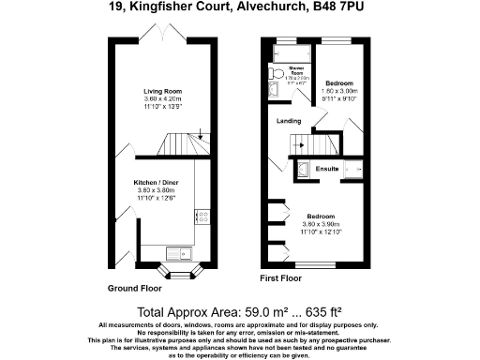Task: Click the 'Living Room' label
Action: tap(162, 91)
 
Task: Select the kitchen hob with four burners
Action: tap(202, 217)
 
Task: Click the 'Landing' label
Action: tap(288, 121)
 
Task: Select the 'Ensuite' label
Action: tap(326, 169)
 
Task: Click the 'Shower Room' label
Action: tap(296, 68)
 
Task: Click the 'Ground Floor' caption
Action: tap(135, 287)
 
